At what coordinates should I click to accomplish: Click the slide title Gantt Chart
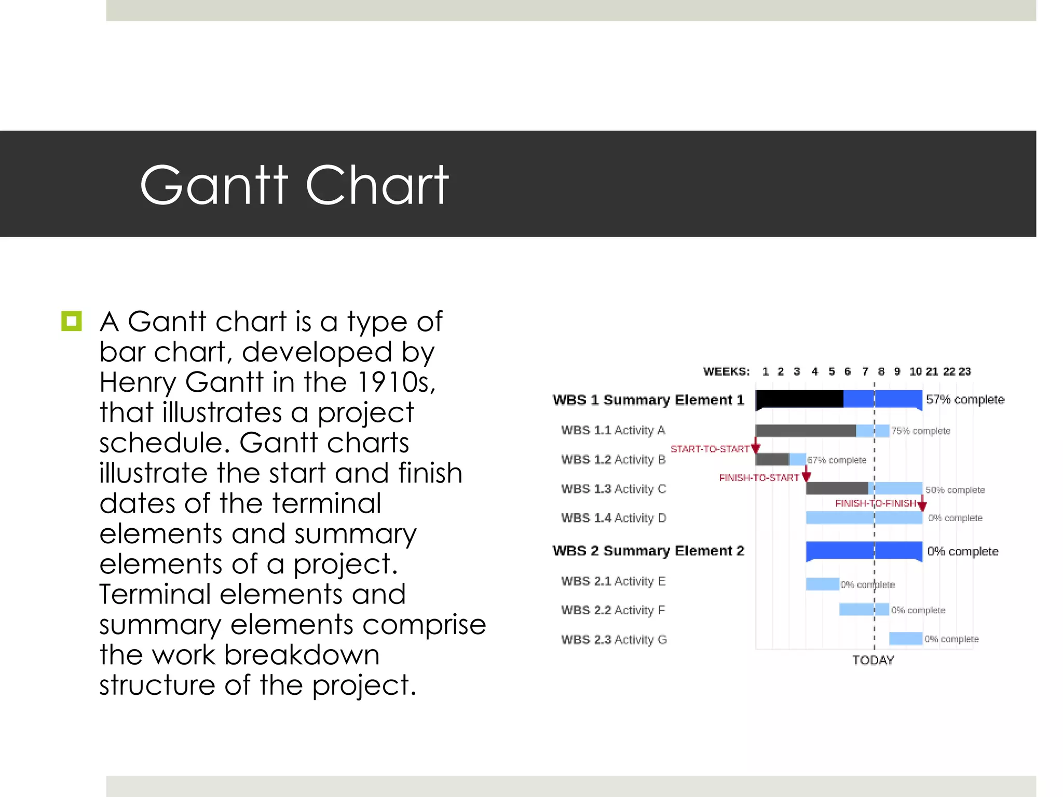(294, 185)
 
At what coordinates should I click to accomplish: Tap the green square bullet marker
(72, 321)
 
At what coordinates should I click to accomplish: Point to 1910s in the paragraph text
(396, 382)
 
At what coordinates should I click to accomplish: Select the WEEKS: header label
(726, 372)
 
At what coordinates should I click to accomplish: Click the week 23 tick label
(964, 372)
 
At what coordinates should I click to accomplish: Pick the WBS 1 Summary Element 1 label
(648, 400)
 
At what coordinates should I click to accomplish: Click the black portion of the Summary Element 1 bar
(799, 398)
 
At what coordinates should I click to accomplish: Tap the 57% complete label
(965, 400)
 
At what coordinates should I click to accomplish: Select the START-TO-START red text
(710, 449)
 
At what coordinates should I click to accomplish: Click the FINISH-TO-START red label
(758, 478)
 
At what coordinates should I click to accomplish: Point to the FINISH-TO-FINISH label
(875, 503)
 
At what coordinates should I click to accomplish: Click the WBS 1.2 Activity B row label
(613, 460)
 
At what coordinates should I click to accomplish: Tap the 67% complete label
(837, 460)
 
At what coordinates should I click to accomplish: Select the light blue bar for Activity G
(905, 639)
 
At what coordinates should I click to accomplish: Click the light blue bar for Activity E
(822, 584)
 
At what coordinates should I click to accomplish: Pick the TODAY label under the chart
(873, 660)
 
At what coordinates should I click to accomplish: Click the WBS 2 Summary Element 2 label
(648, 551)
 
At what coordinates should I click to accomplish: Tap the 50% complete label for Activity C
(955, 490)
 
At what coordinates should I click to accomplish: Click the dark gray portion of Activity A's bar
(805, 431)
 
